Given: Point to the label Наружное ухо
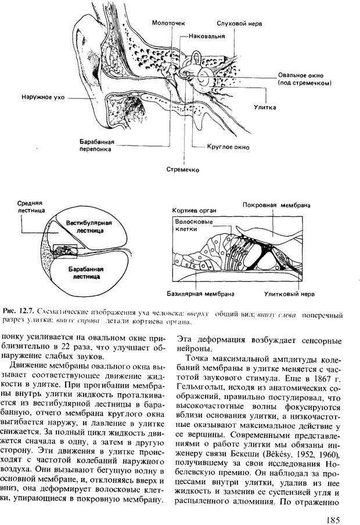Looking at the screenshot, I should click(41, 97).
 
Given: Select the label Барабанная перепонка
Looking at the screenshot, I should click(97, 145).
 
